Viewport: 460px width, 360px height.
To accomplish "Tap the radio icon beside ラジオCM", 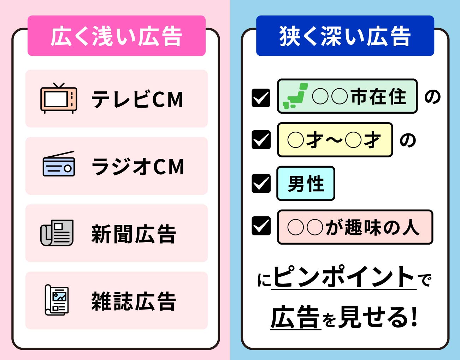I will click(x=59, y=165).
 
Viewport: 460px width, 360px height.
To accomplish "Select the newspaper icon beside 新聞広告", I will click(x=57, y=233).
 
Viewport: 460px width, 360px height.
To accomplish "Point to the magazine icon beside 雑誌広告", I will click(x=57, y=300).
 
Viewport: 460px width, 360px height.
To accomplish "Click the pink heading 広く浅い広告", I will click(x=117, y=36).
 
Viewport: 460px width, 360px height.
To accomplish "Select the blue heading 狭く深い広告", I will click(x=345, y=36).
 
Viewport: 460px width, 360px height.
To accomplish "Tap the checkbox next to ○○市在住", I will click(x=261, y=98).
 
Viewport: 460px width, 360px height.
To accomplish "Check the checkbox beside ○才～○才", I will click(x=261, y=140).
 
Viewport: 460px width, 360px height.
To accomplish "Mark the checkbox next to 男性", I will click(x=261, y=184).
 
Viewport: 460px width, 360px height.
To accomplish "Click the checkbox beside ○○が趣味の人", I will click(x=261, y=226).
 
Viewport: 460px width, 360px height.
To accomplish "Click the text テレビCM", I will click(x=137, y=99).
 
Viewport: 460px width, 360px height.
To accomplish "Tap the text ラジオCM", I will click(x=138, y=166).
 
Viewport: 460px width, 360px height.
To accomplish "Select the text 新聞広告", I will click(x=134, y=234).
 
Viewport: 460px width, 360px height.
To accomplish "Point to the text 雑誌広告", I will click(x=134, y=301).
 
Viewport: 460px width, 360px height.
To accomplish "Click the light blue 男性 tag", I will click(x=306, y=184).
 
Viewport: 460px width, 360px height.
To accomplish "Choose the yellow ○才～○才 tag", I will click(x=335, y=140).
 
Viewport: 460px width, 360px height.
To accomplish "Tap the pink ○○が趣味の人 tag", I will click(x=355, y=227).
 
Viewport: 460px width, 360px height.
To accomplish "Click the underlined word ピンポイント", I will click(x=344, y=277).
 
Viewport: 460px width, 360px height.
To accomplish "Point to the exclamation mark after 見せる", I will click(x=414, y=317).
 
